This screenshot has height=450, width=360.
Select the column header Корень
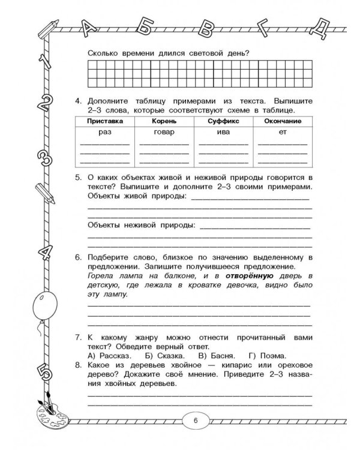pos(163,121)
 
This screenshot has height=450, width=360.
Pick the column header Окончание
pos(281,121)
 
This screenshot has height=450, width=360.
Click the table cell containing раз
pos(105,132)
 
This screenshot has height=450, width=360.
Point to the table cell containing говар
pos(163,132)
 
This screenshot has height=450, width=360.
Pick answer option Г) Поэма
pos(262,355)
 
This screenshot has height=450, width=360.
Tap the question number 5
pos(78,178)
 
